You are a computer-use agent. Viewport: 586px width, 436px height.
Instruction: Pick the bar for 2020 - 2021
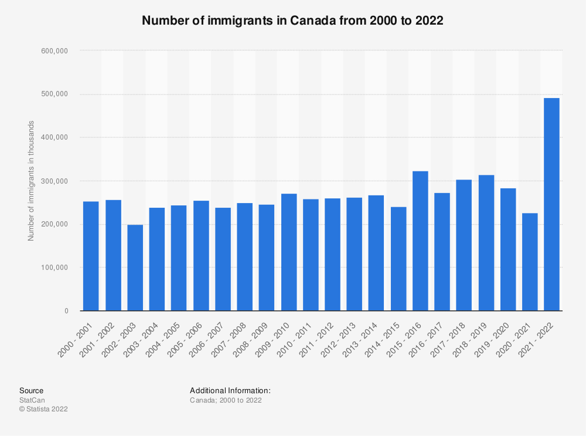pos(530,262)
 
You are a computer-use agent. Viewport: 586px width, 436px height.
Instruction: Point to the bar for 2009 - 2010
pos(288,252)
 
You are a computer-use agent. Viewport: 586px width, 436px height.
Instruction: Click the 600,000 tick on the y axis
pos(55,51)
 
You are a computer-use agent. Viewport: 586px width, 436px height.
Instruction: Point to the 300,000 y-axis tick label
pos(55,181)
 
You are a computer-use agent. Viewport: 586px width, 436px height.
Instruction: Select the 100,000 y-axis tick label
pos(55,268)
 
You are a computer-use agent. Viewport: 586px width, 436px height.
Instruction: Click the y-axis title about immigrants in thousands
pos(31,181)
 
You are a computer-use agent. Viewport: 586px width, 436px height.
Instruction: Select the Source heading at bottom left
pos(31,390)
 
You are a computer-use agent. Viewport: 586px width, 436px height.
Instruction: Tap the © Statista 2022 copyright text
pos(43,410)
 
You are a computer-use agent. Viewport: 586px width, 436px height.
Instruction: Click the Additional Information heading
pos(230,390)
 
